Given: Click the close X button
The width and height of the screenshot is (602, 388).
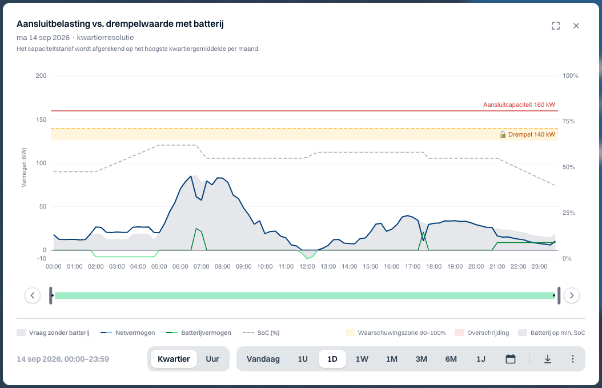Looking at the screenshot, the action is pos(576,26).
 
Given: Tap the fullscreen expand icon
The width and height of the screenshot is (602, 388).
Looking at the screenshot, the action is pos(556,26).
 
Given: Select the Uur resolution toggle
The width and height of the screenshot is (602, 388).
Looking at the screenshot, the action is pos(212,359).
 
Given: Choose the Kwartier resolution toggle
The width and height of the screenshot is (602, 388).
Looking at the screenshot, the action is pos(174,359).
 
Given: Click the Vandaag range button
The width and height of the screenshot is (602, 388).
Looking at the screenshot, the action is pos(263,359).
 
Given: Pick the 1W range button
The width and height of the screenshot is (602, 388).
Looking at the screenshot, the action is pos(362,359).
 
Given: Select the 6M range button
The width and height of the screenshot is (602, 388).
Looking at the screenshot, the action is pos(451,359).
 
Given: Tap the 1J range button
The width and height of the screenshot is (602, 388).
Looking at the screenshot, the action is pos(481,359).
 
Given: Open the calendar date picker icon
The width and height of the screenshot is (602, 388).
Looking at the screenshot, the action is pos(510,359).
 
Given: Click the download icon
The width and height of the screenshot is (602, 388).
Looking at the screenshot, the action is pos(548,359).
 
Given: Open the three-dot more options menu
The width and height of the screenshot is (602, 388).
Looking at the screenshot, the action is pos(572,359).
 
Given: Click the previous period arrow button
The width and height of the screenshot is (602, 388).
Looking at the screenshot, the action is pos(33,295).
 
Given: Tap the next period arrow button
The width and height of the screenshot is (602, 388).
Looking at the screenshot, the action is pos(572,295).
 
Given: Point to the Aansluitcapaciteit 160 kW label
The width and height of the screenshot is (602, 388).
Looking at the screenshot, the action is pos(519,105).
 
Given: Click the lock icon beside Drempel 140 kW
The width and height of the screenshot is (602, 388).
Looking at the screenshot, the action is pos(502,134).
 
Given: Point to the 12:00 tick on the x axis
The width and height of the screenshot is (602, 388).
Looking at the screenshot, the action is pos(307,267).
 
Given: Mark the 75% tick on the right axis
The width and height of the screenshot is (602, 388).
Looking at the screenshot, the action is pos(569,121).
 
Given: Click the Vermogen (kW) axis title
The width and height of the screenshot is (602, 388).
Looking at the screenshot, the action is pos(24,167).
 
